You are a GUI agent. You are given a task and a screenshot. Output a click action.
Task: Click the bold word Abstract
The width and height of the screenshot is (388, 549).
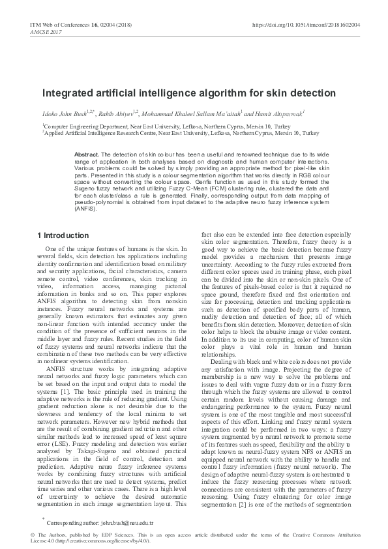(87, 154)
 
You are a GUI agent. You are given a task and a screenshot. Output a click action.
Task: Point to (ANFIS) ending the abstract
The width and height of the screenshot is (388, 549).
(85, 210)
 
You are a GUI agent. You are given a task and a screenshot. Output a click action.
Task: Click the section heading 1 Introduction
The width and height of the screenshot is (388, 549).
(63, 235)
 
